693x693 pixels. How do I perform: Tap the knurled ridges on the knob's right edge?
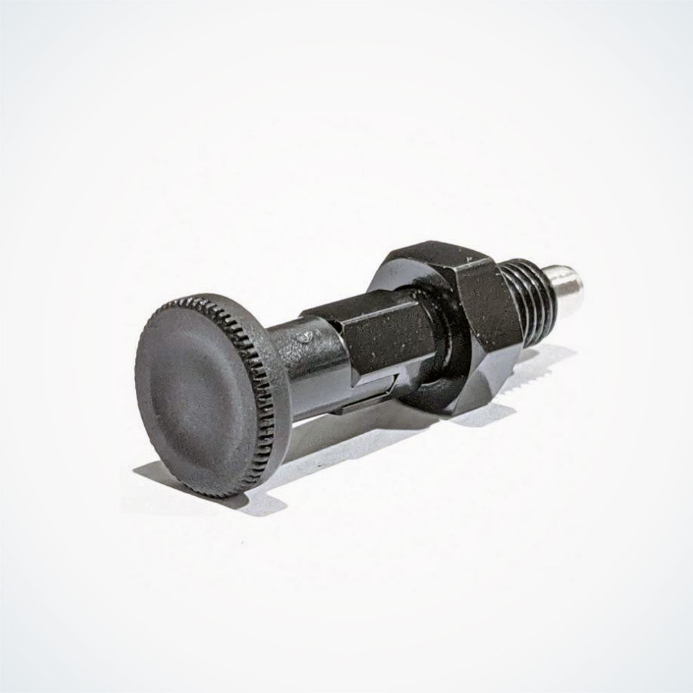pos(274,388)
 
